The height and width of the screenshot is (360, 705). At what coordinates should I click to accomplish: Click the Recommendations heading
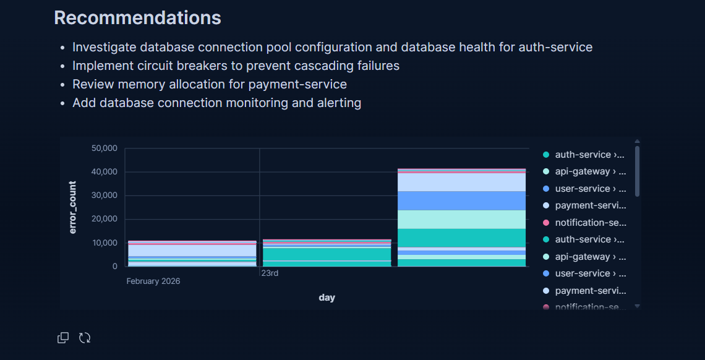pos(137,17)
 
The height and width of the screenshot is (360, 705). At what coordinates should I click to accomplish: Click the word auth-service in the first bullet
pos(555,47)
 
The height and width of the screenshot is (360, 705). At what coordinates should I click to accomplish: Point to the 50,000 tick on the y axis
pos(105,148)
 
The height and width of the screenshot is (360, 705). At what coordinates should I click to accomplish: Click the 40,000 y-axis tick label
pos(105,172)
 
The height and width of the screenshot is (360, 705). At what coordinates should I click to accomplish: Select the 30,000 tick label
pos(105,195)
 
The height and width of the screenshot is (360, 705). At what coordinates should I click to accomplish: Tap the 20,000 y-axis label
pos(105,219)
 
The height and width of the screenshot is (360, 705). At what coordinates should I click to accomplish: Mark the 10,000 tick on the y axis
pos(105,243)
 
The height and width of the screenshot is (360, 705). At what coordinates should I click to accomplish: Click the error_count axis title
pos(73,207)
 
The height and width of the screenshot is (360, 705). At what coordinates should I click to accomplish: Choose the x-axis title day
pos(327,298)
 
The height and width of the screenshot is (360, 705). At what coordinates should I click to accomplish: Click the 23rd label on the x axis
pos(270,273)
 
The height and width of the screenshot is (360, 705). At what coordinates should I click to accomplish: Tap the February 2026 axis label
pos(153,281)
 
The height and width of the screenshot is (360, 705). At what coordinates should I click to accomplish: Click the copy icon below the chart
pos(63,338)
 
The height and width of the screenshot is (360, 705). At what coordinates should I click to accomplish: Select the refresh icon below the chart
pos(85,338)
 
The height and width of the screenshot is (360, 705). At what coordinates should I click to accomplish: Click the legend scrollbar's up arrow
pos(637,142)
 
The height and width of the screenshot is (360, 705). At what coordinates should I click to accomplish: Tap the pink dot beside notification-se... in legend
pos(546,223)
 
